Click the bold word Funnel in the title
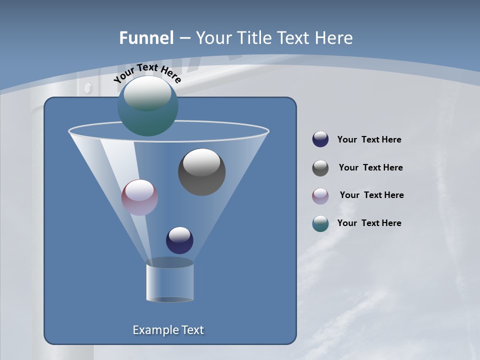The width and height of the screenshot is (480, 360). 146,38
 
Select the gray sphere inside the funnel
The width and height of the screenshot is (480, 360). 201,172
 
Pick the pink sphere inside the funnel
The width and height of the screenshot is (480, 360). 140,197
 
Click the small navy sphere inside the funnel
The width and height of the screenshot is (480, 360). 179,240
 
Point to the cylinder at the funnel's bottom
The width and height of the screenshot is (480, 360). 169,282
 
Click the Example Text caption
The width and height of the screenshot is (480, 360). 168,330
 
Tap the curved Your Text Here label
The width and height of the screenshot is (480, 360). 147,73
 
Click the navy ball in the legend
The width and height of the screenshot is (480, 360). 320,139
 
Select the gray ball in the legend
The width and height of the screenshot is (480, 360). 320,168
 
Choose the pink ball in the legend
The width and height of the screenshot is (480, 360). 320,195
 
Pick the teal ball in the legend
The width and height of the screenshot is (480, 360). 320,223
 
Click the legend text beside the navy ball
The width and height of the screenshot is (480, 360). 369,139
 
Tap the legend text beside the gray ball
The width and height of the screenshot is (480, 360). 370,167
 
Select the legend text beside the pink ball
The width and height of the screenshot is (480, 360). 371,195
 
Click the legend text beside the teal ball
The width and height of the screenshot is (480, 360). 369,223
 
